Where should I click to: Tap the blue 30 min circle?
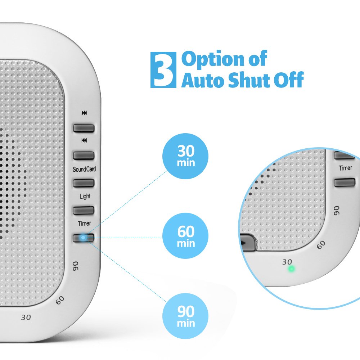coord(186,156)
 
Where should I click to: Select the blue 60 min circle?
coord(186,236)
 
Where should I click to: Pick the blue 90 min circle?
coord(186,316)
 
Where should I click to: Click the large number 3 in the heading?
coord(163,70)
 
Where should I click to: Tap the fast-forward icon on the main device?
coord(84,113)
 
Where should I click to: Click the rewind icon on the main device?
coord(84,140)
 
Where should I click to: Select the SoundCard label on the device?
coord(84,169)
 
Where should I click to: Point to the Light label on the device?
coord(85,197)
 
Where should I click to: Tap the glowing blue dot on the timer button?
coord(83,238)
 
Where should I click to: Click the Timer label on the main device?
coord(85,224)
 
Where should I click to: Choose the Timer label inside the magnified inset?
coord(346,168)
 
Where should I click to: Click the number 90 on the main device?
coord(76,266)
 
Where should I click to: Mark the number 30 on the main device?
coord(26,317)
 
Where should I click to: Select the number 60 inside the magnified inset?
coord(321,244)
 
